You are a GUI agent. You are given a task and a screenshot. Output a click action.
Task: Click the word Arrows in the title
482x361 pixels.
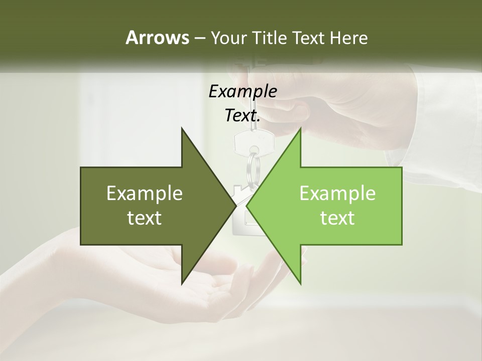157,38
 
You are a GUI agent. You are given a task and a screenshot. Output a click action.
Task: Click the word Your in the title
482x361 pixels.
227,38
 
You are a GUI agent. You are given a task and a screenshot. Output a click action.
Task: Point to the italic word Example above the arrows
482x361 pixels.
243,92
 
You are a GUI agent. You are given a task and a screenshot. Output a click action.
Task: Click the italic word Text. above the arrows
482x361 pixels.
243,116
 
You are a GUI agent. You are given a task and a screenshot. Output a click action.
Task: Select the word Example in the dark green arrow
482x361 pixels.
144,194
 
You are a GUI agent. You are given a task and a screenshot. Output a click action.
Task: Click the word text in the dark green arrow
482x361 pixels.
144,218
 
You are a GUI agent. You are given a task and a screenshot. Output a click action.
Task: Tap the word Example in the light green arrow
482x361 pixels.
337,194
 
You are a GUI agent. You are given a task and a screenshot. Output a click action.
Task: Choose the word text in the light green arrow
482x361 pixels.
337,218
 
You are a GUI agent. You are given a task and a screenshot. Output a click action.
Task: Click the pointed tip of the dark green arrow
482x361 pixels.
235,206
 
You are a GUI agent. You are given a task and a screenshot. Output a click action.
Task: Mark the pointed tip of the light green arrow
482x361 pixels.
247,206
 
